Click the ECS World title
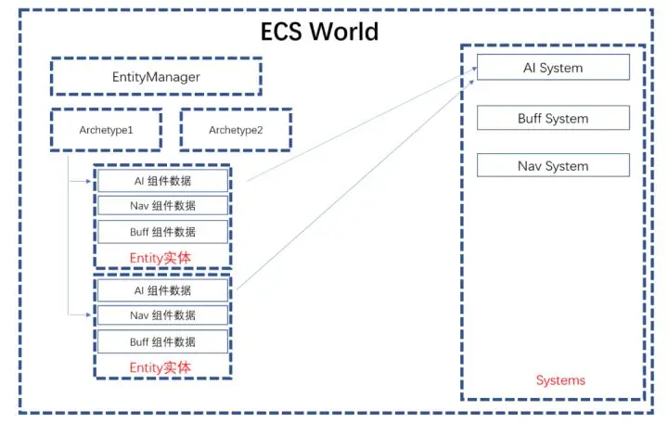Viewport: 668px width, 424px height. coord(318,31)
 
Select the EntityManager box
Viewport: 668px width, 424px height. coord(156,77)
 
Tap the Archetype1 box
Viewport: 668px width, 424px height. coord(106,130)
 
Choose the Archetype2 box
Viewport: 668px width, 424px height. coord(236,130)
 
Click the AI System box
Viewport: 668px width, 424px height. coord(553,68)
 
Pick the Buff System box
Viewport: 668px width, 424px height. coord(553,119)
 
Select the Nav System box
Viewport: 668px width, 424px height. coord(553,166)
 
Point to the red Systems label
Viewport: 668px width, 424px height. coord(560,380)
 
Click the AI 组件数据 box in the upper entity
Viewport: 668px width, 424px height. coord(162,181)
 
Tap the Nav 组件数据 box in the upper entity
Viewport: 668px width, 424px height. coord(162,206)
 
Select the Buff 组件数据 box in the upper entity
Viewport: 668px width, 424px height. coord(162,232)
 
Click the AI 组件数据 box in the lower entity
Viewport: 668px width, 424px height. coord(162,290)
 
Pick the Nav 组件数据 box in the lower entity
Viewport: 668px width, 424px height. coord(162,315)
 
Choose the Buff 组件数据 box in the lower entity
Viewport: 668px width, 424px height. coord(162,341)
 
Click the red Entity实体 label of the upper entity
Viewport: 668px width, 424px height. coord(161,257)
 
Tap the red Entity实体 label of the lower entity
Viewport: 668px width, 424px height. coord(161,367)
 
